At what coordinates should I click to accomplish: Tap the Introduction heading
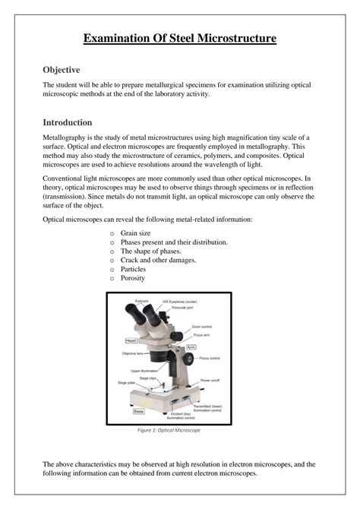tap(68, 122)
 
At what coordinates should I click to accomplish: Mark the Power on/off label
tap(210, 378)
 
